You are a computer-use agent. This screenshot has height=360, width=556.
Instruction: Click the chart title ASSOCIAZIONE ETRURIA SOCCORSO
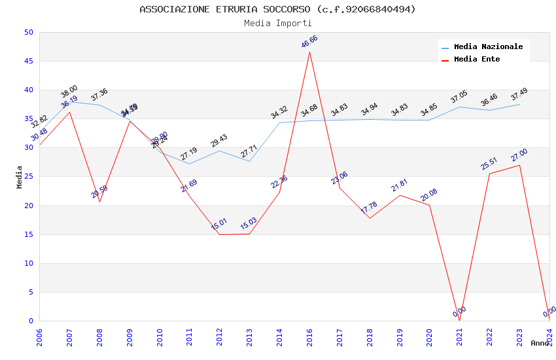(x=277, y=9)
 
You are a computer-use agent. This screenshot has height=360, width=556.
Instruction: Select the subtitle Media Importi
(x=277, y=23)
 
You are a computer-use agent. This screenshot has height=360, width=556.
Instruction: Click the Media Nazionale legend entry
(x=488, y=46)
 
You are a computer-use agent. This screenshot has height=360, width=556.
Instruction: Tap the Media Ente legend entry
(x=477, y=59)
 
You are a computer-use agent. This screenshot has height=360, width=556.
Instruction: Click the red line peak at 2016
(x=309, y=52)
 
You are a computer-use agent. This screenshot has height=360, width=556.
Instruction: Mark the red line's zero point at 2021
(x=459, y=320)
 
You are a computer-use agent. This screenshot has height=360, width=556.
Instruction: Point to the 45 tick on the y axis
(x=28, y=62)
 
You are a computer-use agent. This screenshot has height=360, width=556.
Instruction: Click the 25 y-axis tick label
(x=28, y=177)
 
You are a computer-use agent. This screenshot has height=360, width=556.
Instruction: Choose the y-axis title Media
(x=20, y=177)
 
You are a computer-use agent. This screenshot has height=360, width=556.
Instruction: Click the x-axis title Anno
(x=540, y=343)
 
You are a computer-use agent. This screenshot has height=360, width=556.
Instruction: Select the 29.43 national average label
(x=219, y=141)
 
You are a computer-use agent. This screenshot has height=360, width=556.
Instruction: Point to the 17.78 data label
(x=370, y=208)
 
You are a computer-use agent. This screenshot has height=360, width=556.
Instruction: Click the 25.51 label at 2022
(x=489, y=163)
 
